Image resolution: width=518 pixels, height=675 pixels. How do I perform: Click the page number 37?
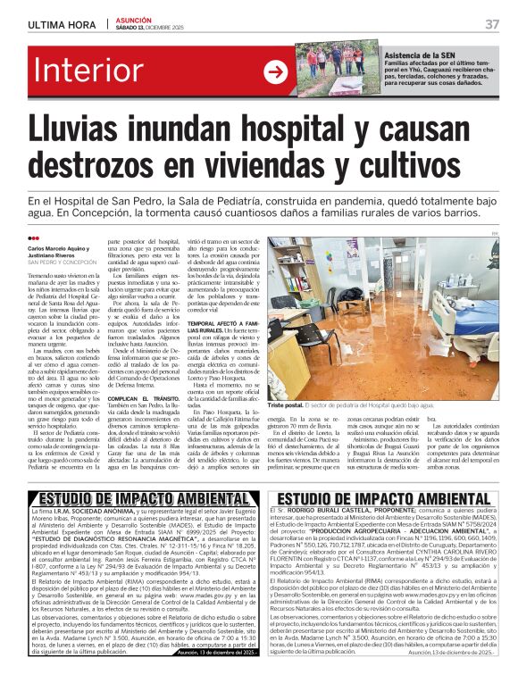[x=492, y=23]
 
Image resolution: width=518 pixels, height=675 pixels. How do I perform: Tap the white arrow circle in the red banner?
[x=274, y=72]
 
